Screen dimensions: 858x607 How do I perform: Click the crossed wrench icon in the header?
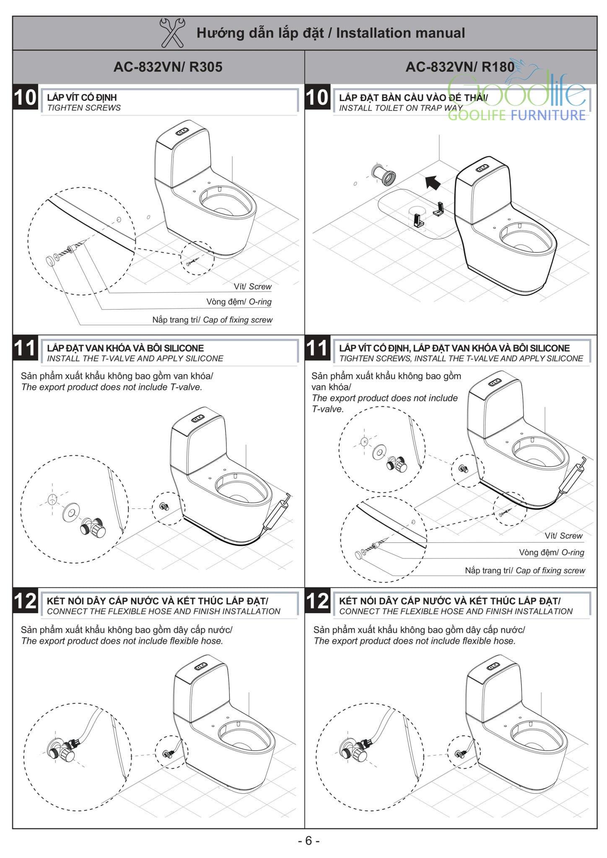click(172, 33)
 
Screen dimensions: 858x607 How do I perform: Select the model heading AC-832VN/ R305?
click(168, 67)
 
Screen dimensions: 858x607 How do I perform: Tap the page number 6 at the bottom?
click(309, 841)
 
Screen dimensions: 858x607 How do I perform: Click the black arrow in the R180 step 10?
click(433, 182)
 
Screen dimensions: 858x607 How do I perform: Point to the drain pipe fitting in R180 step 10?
click(384, 175)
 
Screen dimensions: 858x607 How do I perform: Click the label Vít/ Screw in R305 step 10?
click(252, 287)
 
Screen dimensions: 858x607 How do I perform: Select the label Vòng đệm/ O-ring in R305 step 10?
click(239, 302)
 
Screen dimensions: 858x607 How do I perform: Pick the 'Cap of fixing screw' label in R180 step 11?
click(550, 570)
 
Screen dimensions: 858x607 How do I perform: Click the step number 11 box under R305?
click(25, 348)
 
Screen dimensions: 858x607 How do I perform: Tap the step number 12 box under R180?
click(318, 601)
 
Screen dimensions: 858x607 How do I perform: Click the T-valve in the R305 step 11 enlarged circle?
click(93, 527)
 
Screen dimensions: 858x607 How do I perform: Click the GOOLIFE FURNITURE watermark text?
click(516, 115)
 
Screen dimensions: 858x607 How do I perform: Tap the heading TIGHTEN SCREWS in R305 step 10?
click(84, 108)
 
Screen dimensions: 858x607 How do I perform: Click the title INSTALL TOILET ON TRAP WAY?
click(400, 108)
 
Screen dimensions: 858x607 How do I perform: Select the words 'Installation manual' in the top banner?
click(400, 33)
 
